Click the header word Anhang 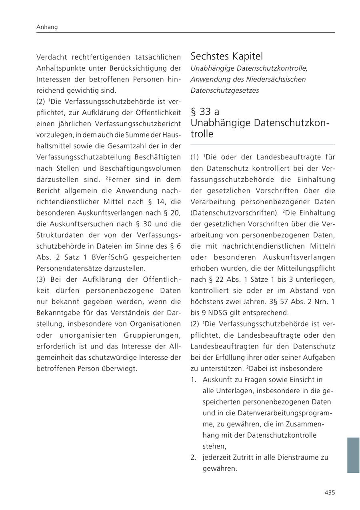(x=47, y=27)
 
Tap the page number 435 (x=330, y=493)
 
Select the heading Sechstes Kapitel (x=226, y=56)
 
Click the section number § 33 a (x=205, y=112)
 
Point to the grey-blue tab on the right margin (x=353, y=455)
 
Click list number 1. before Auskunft (x=194, y=380)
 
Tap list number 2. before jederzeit (x=194, y=457)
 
